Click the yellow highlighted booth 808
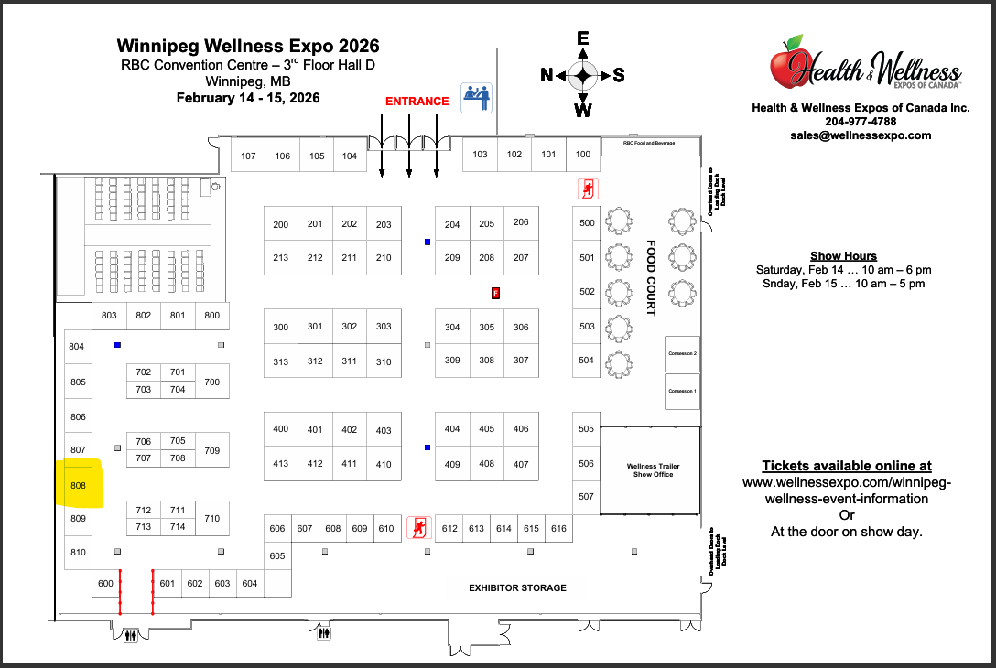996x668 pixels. click(x=78, y=484)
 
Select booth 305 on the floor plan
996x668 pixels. click(x=486, y=327)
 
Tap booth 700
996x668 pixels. click(x=212, y=382)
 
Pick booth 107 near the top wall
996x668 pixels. click(x=248, y=156)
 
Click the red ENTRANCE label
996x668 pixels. click(x=417, y=102)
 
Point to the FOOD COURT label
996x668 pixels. click(x=652, y=278)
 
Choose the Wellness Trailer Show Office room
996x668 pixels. click(x=652, y=470)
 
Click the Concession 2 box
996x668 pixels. click(x=682, y=353)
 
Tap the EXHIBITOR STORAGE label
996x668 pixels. click(x=517, y=587)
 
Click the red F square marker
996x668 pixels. click(x=495, y=294)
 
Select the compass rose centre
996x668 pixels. click(x=583, y=75)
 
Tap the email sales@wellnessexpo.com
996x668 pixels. click(x=861, y=135)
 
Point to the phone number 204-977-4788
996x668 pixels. click(x=861, y=121)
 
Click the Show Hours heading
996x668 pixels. click(x=843, y=256)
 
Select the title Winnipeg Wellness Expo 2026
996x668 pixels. click(x=248, y=46)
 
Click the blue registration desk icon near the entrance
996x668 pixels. click(x=476, y=97)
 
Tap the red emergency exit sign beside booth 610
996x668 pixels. click(x=418, y=527)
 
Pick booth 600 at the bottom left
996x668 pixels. click(x=105, y=584)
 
